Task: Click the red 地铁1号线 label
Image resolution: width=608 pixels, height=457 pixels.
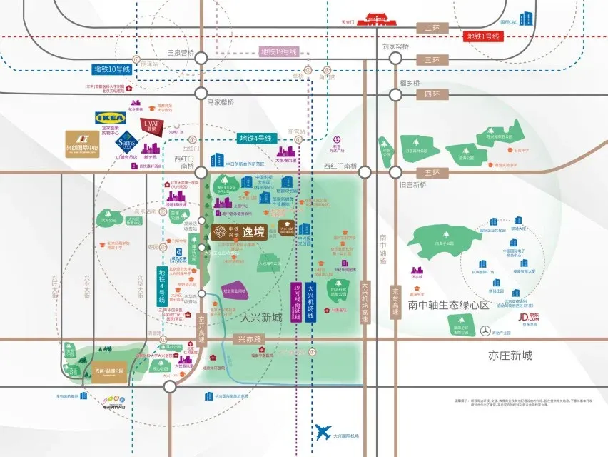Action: click(486, 36)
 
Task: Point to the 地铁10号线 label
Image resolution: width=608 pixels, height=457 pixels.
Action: click(112, 69)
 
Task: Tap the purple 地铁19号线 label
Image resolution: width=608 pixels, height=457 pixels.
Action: click(278, 51)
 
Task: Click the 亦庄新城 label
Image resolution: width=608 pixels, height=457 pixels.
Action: click(510, 355)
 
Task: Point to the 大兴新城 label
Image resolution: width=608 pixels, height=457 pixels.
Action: click(261, 316)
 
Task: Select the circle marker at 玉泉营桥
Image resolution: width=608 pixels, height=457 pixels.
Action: click(201, 59)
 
